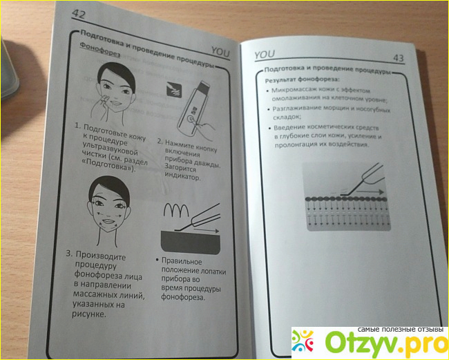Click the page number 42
[x=79, y=14]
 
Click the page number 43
[x=399, y=58]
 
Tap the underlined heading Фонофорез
[x=99, y=50]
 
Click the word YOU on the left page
[x=220, y=52]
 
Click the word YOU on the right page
[x=265, y=55]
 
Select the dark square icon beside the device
[x=174, y=89]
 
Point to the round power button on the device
[x=190, y=120]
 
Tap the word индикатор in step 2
[x=182, y=176]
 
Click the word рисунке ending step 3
[x=89, y=314]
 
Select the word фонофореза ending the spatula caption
[x=183, y=297]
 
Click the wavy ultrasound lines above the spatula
[x=176, y=211]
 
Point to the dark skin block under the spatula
[x=190, y=243]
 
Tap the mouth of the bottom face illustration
[x=108, y=221]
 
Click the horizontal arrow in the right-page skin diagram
[x=370, y=192]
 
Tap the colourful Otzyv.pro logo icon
[x=303, y=341]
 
